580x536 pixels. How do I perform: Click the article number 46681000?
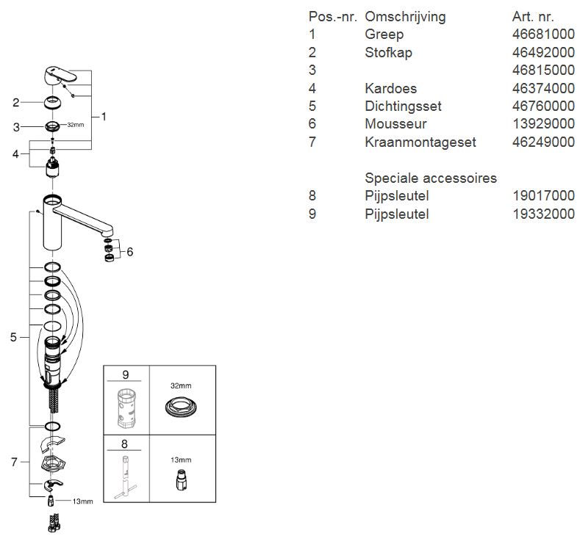click(x=543, y=35)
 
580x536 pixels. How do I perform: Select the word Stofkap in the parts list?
click(x=388, y=52)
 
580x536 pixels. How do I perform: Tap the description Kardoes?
click(x=390, y=88)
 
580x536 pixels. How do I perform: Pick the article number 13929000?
click(x=543, y=124)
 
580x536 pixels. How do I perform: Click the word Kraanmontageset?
click(x=420, y=142)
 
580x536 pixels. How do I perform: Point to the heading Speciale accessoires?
click(x=431, y=178)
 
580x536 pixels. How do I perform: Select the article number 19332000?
click(x=543, y=214)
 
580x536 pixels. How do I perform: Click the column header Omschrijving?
click(x=405, y=16)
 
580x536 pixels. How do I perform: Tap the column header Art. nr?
click(x=533, y=16)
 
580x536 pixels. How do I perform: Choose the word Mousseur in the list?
click(x=395, y=124)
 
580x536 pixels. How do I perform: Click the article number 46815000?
click(x=543, y=70)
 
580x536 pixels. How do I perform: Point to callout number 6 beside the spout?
click(x=129, y=252)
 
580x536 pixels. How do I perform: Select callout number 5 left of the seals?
click(x=13, y=337)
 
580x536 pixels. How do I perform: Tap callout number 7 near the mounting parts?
click(x=13, y=462)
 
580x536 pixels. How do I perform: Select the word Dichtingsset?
click(x=403, y=106)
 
